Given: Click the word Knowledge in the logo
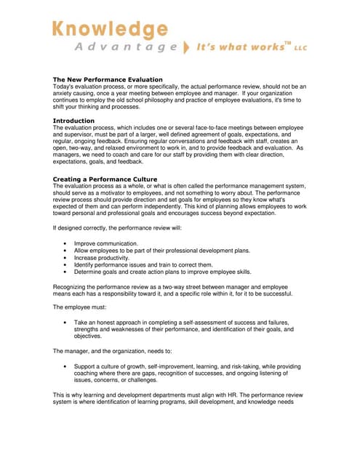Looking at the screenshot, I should point(109,29).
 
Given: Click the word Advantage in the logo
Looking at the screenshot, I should point(126,47).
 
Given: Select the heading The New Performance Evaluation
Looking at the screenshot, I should point(108,79).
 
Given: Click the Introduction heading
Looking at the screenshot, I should point(74,120).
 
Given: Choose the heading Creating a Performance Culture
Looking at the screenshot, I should point(105,179).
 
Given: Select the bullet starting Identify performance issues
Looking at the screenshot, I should point(142,265).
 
